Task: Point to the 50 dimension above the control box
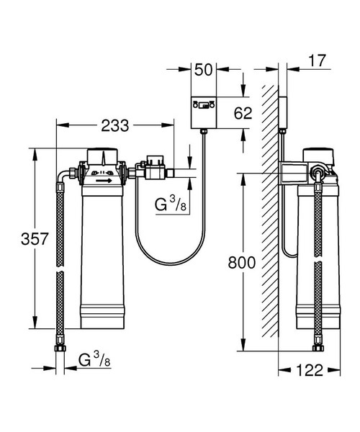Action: pyautogui.click(x=204, y=70)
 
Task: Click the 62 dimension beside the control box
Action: pyautogui.click(x=244, y=112)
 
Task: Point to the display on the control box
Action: pyautogui.click(x=205, y=107)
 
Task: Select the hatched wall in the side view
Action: pyautogui.click(x=270, y=216)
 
